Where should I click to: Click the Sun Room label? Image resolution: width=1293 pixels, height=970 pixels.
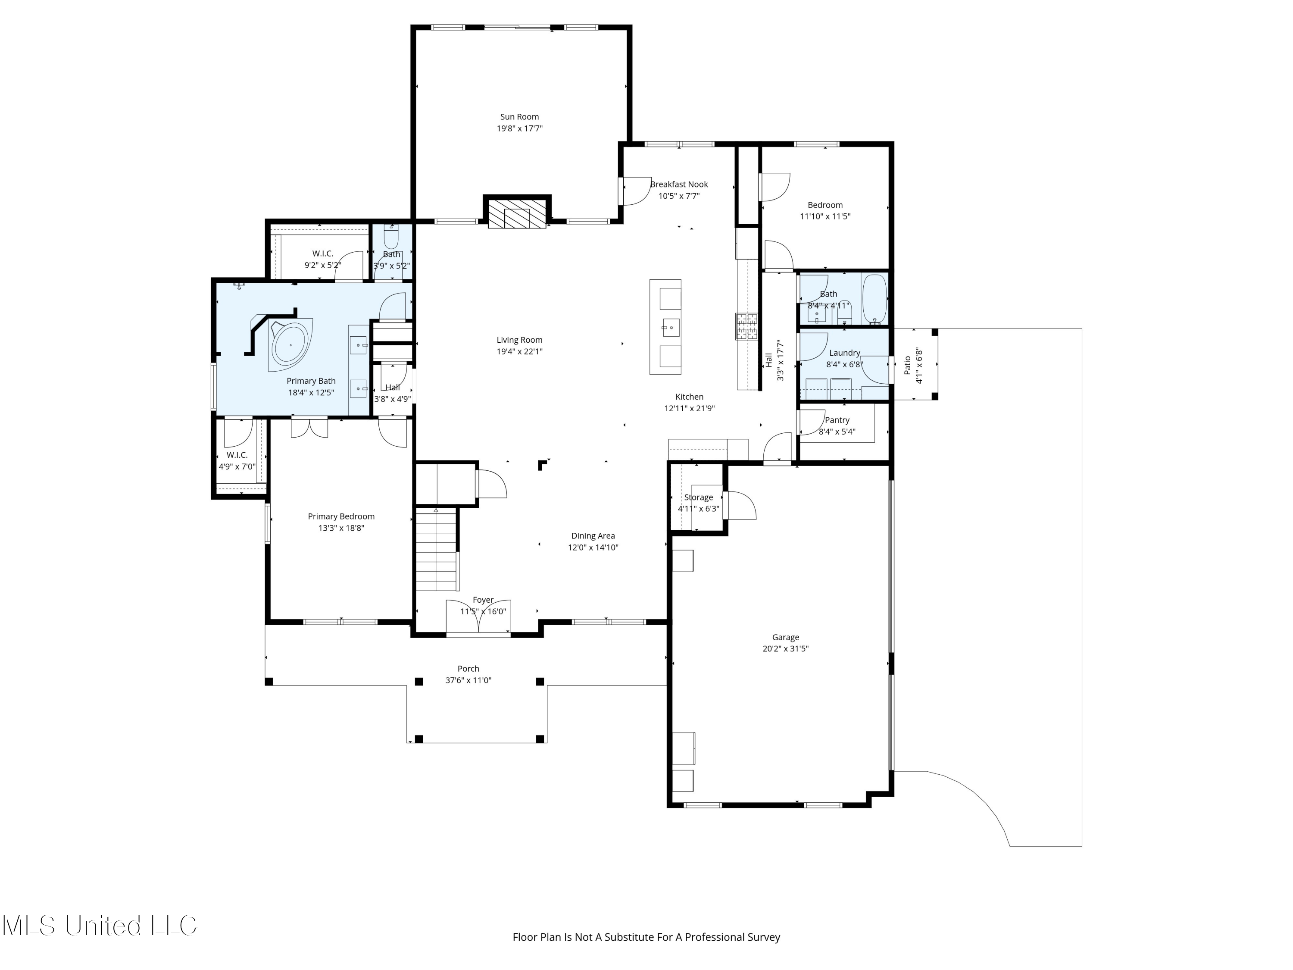519,117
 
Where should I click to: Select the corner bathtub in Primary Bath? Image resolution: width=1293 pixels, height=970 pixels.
290,344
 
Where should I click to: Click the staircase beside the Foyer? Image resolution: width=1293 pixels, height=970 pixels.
436,550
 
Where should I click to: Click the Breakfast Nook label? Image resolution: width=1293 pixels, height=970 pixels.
679,184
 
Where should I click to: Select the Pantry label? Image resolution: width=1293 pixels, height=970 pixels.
837,420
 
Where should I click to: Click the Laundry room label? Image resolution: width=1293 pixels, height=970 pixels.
844,353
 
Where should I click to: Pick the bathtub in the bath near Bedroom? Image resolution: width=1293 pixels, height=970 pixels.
874,298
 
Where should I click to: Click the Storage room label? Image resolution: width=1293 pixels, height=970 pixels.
699,497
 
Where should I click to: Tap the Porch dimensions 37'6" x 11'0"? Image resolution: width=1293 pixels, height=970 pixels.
468,680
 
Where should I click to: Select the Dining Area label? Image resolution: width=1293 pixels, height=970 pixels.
593,535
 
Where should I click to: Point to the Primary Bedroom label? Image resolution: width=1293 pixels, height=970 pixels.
341,516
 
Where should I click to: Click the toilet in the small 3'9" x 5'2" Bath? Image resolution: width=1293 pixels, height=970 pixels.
391,238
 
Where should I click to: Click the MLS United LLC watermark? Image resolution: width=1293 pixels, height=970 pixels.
100,925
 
